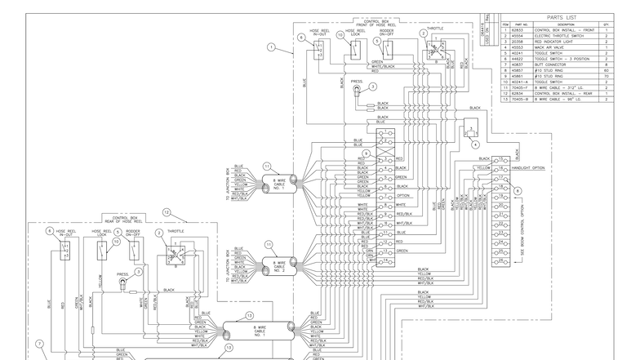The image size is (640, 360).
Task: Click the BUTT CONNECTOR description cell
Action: click(x=563, y=65)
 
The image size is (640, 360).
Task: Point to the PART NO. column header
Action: click(x=517, y=25)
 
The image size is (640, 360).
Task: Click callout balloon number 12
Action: click(x=167, y=211)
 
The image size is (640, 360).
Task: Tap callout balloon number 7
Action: click(x=38, y=344)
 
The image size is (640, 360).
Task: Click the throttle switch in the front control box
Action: click(x=429, y=53)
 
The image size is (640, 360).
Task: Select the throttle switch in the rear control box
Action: click(x=176, y=255)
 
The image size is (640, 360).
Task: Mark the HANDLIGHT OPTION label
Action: click(x=527, y=168)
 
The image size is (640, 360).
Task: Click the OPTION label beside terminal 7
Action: click(x=403, y=196)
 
